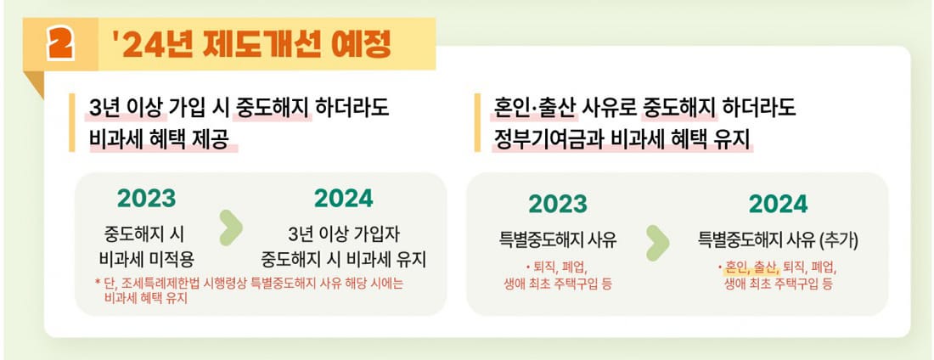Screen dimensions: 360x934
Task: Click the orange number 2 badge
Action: (x=61, y=45)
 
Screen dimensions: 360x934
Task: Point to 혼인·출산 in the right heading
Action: (x=535, y=109)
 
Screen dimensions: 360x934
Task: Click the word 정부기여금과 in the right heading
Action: (x=545, y=138)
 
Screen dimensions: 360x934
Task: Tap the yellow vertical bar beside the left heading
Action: (x=72, y=123)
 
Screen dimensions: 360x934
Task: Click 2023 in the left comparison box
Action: (x=146, y=198)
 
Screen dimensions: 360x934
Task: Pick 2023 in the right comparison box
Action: (x=557, y=204)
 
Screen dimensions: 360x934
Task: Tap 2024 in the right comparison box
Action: (x=778, y=204)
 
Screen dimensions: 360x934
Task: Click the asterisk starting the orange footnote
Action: (x=97, y=283)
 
